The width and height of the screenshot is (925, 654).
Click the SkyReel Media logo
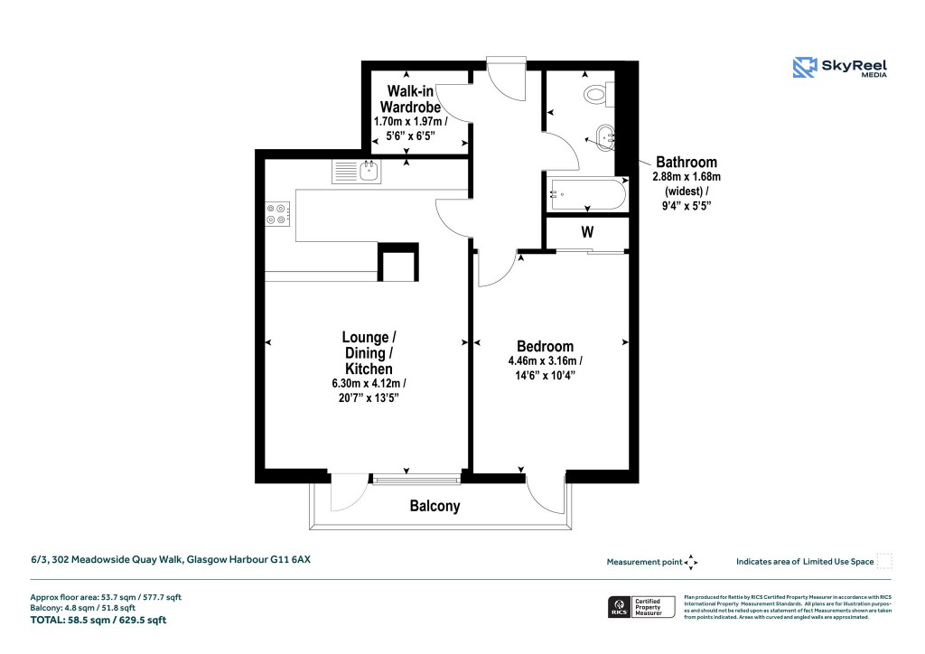(x=839, y=69)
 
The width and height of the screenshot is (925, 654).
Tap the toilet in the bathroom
(x=597, y=93)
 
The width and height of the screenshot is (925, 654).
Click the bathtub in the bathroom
(x=587, y=194)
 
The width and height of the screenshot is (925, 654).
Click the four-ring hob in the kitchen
(x=276, y=213)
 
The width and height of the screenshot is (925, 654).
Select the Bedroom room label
(x=545, y=346)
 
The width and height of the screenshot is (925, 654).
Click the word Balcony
(x=434, y=507)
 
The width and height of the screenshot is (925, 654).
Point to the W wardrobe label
(x=587, y=232)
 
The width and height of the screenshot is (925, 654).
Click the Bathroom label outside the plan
(x=687, y=163)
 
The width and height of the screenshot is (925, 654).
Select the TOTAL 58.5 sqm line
(x=98, y=621)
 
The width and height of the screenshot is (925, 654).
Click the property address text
(x=171, y=560)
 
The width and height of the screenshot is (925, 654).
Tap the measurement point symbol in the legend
(x=691, y=562)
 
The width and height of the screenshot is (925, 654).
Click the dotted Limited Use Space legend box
(x=884, y=561)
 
